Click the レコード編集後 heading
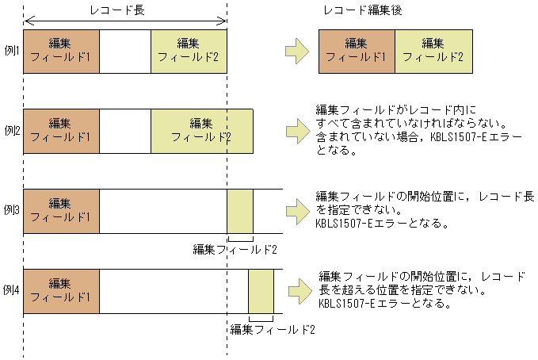[361, 10]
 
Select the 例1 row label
[12, 50]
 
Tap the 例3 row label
[12, 210]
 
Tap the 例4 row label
[12, 289]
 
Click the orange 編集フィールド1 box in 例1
[61, 51]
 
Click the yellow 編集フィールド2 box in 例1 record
[189, 51]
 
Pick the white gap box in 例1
[125, 51]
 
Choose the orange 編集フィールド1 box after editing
[356, 51]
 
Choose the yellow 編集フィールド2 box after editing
[433, 51]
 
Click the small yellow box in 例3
[240, 211]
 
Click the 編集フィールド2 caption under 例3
[235, 249]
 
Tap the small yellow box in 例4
[261, 291]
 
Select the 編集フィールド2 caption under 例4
[273, 329]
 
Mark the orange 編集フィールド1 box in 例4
[61, 290]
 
